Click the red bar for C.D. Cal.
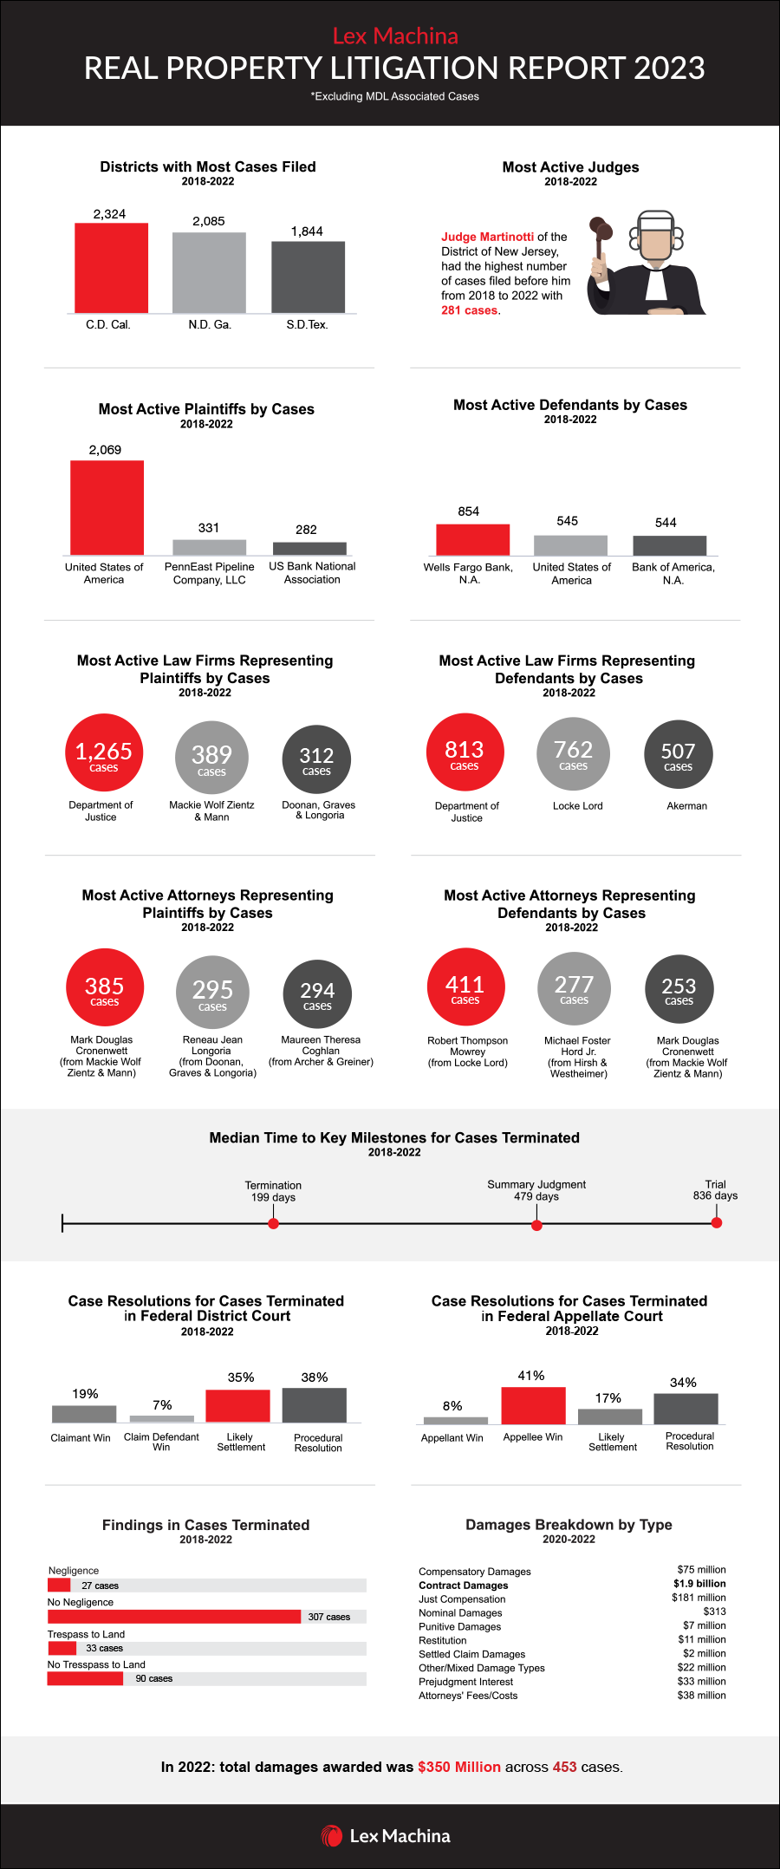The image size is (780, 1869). click(111, 268)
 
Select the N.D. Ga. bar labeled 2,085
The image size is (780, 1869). click(209, 272)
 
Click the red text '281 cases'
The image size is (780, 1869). click(469, 310)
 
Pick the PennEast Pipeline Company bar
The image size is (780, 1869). click(209, 547)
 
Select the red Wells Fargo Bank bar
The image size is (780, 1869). click(472, 539)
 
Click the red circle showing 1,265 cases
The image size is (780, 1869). click(103, 752)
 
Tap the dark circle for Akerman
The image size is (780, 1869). click(678, 754)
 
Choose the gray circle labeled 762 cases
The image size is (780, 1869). click(573, 752)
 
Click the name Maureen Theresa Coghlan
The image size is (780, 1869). click(320, 1045)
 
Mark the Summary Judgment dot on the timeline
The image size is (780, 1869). click(536, 1225)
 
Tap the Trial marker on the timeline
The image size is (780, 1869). click(717, 1223)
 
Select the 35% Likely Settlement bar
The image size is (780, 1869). click(237, 1405)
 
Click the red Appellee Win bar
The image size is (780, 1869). click(533, 1405)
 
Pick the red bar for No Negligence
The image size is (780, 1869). click(173, 1617)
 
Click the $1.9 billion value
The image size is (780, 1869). click(699, 1584)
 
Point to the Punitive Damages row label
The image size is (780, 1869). click(459, 1626)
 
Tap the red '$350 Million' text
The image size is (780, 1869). click(458, 1767)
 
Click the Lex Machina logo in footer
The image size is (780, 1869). click(386, 1836)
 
